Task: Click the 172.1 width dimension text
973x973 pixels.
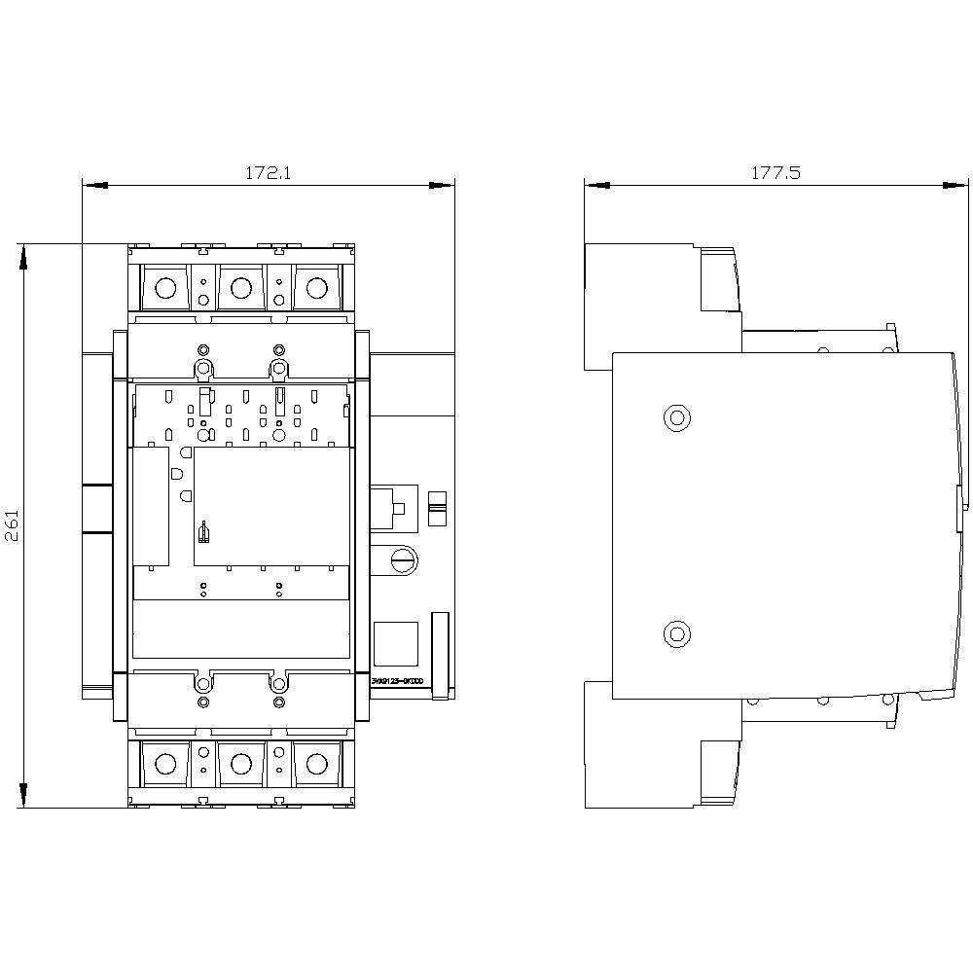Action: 269,173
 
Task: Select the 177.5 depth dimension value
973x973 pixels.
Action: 775,173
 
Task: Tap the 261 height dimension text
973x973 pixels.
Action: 14,526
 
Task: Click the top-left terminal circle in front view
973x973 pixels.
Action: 165,288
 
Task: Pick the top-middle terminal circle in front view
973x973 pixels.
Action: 240,288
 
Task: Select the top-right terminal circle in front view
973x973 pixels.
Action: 316,288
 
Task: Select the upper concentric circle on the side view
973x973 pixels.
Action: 675,417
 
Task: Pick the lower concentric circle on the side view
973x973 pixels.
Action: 675,634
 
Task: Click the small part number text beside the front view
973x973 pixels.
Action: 396,681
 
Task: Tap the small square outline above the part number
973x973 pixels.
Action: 396,642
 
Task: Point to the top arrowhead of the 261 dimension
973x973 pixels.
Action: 22,252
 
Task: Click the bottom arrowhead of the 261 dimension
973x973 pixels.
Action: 22,799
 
